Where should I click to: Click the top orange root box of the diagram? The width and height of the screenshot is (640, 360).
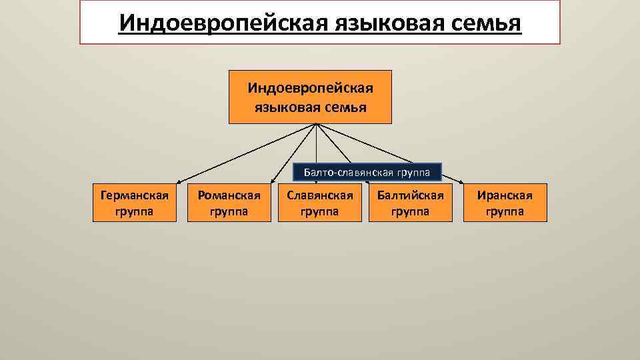click(x=310, y=97)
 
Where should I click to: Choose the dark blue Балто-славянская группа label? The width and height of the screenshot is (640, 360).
click(x=368, y=173)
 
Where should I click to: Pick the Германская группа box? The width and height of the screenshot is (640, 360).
click(x=134, y=203)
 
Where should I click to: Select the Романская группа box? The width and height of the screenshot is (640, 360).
click(x=229, y=203)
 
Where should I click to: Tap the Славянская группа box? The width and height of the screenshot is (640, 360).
click(x=319, y=203)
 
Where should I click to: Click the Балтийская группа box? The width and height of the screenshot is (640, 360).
click(x=410, y=203)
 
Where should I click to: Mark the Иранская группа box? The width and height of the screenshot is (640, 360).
click(x=505, y=203)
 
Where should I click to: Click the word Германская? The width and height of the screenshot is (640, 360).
click(x=134, y=195)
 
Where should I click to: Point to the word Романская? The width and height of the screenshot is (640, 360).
click(x=229, y=195)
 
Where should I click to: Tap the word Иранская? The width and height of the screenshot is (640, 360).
click(x=505, y=195)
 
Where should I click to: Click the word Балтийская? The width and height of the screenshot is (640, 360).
click(x=410, y=195)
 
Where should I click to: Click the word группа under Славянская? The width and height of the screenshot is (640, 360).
click(x=319, y=211)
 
